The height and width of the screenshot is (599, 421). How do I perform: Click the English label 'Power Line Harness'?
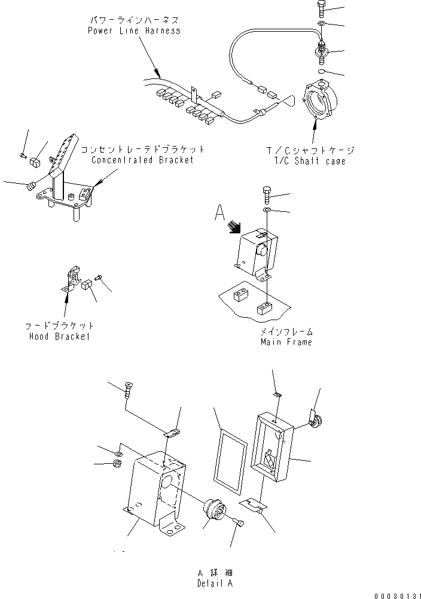tap(133, 31)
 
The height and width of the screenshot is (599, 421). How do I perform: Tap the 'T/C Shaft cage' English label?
tap(310, 162)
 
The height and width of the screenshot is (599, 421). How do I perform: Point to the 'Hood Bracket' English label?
tap(59, 336)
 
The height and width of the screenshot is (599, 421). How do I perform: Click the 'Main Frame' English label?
tap(286, 342)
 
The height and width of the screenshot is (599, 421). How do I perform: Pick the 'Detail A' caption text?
tap(215, 583)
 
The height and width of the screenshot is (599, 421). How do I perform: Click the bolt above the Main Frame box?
tap(267, 194)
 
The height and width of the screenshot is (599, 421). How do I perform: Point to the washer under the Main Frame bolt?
tap(267, 211)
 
